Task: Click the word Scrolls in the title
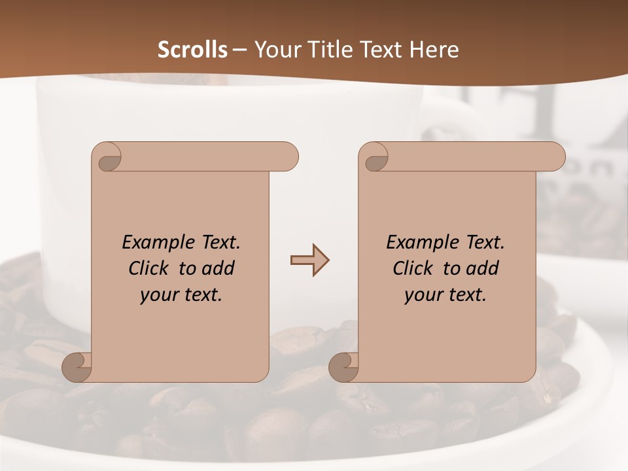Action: pyautogui.click(x=192, y=50)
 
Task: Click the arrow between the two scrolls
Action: pyautogui.click(x=309, y=260)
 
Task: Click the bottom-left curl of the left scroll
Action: pyautogui.click(x=77, y=366)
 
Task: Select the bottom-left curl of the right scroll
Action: pyautogui.click(x=343, y=366)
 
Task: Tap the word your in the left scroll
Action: pyautogui.click(x=158, y=295)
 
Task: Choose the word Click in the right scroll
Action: pyautogui.click(x=412, y=268)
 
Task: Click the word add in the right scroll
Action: pyautogui.click(x=483, y=268)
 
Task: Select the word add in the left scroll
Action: pyautogui.click(x=218, y=268)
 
